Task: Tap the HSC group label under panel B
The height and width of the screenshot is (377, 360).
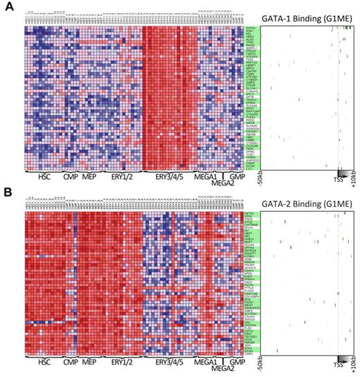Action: point(46,362)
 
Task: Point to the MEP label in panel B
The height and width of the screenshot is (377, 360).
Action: point(89,362)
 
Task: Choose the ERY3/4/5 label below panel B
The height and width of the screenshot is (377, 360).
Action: point(168,362)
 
